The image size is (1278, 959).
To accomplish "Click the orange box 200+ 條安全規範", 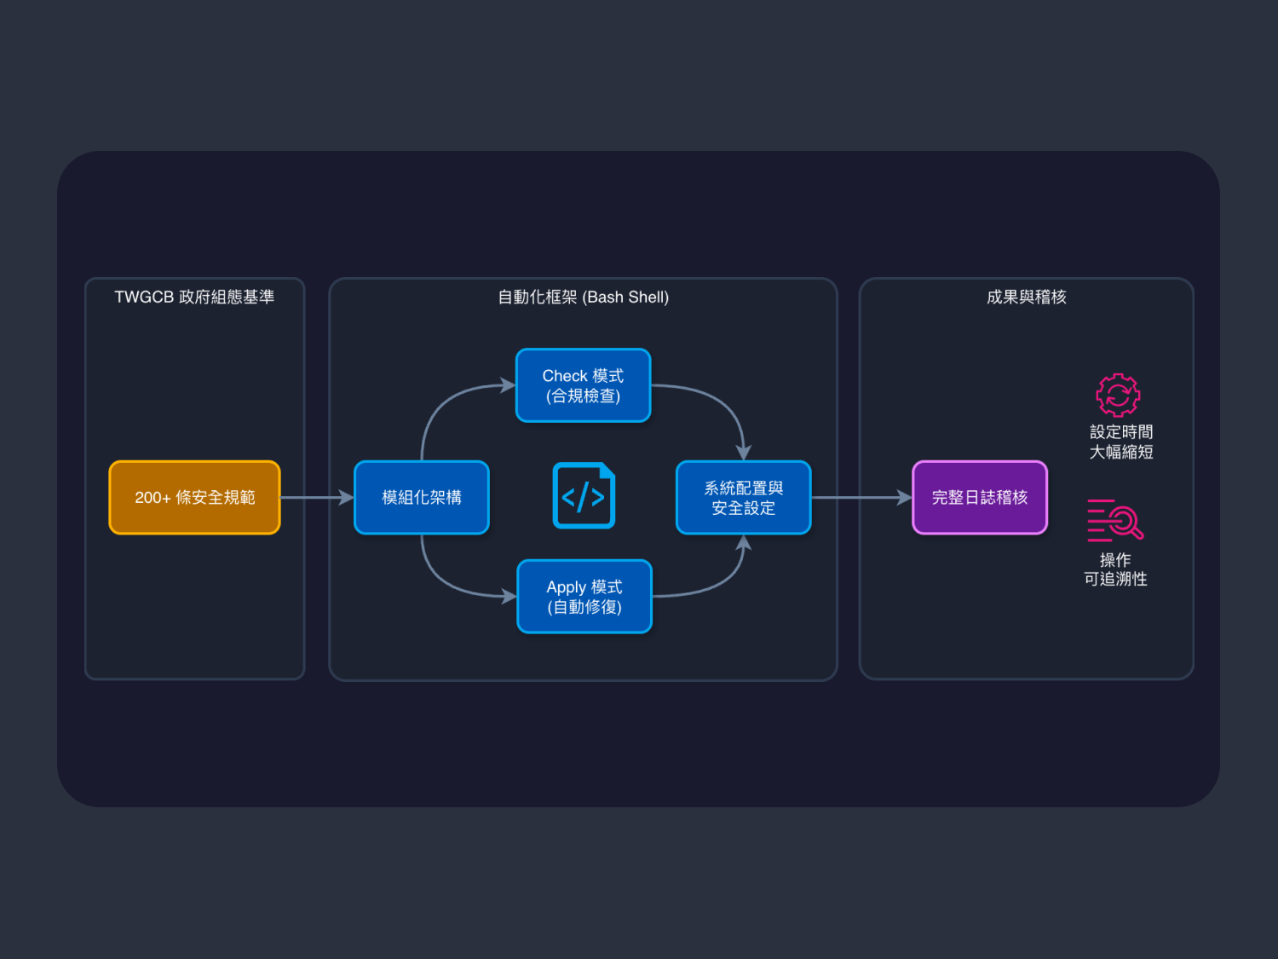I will click(x=194, y=498).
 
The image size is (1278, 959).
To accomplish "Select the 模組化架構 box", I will click(x=422, y=498).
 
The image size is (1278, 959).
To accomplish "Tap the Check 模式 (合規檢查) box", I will click(x=584, y=385).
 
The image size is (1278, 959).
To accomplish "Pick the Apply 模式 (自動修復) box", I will click(x=584, y=597).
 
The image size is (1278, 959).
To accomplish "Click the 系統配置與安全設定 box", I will click(x=744, y=498).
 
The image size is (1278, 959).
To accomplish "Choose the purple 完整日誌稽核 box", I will click(x=980, y=498).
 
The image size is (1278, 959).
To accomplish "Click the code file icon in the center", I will click(x=584, y=495).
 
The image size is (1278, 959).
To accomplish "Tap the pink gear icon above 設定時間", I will click(x=1118, y=395).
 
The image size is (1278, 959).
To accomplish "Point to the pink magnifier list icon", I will click(x=1115, y=520).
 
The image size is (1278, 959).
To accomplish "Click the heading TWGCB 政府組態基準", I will click(x=194, y=297).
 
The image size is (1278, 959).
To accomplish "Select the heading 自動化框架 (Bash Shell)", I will click(x=584, y=297).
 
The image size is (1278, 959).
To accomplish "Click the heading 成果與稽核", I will click(x=1027, y=297).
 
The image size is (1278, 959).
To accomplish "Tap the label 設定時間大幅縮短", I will click(x=1121, y=442).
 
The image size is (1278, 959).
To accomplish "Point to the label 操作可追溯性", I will click(x=1115, y=569).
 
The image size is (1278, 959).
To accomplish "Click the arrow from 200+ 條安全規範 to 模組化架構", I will click(x=316, y=498).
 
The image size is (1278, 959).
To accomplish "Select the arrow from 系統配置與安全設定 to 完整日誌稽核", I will click(x=861, y=498).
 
